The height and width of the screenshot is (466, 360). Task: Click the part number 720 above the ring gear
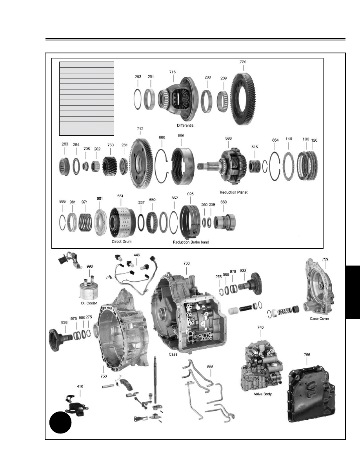(243, 62)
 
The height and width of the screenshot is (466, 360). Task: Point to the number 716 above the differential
(173, 72)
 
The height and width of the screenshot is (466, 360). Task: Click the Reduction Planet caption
(234, 193)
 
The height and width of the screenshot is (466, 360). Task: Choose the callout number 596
(181, 136)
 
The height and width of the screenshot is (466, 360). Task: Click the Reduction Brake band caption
(191, 242)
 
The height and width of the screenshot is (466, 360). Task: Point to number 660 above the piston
(223, 202)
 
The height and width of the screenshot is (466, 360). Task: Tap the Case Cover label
(320, 319)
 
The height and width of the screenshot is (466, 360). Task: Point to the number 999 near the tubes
(210, 366)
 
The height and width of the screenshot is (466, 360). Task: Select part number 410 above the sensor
(80, 386)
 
